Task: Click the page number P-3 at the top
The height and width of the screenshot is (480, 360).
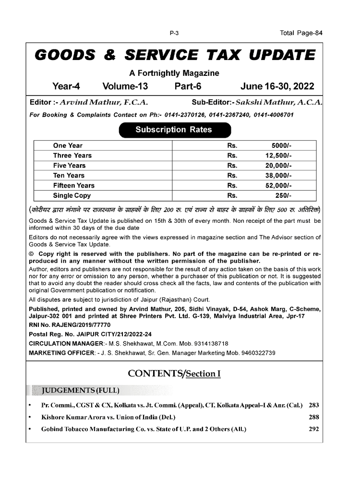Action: (x=174, y=33)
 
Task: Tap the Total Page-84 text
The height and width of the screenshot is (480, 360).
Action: (x=301, y=33)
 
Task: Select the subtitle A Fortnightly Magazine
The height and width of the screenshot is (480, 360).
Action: (x=174, y=73)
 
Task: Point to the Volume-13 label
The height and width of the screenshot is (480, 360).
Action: (x=125, y=87)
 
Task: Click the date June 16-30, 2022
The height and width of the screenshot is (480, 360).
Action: (x=277, y=87)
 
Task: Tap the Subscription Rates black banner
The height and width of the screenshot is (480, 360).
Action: (x=174, y=130)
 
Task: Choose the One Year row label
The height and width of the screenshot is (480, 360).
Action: (x=68, y=145)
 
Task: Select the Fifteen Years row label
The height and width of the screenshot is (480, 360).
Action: (x=74, y=185)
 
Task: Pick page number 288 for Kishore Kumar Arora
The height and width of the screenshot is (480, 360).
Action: (x=313, y=417)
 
